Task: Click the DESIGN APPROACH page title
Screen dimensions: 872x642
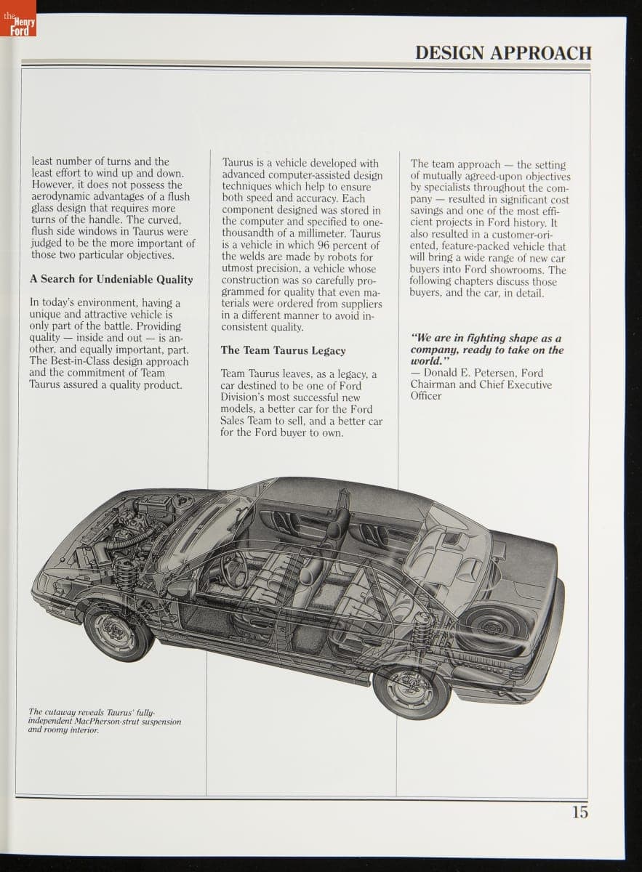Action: point(503,53)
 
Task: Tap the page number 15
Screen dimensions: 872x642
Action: point(579,812)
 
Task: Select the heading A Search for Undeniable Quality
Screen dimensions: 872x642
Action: point(111,280)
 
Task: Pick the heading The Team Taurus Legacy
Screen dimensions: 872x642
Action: point(283,351)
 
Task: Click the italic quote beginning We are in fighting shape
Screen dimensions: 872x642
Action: point(486,350)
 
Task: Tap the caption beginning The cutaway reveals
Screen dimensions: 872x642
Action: point(104,721)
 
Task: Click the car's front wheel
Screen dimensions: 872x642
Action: point(118,629)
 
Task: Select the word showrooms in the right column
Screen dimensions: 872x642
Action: point(519,270)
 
